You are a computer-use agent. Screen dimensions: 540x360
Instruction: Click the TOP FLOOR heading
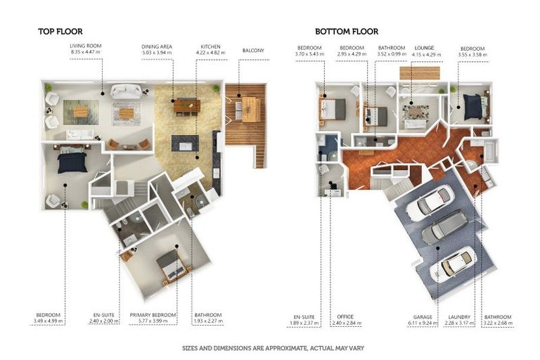click(x=60, y=32)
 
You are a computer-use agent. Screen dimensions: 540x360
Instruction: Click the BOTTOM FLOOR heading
click(x=347, y=32)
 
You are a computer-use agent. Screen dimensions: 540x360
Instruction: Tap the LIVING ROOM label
click(x=85, y=46)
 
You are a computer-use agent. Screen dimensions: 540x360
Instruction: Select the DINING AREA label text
click(x=157, y=46)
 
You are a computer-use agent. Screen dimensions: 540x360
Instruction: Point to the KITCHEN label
click(x=210, y=46)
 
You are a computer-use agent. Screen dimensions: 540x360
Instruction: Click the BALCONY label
click(x=253, y=51)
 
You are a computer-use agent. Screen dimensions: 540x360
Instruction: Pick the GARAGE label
click(x=423, y=317)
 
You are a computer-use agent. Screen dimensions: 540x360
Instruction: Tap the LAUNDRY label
click(x=459, y=317)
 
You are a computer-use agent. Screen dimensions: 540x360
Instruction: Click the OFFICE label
click(x=345, y=316)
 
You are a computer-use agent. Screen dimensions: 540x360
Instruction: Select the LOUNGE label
click(x=424, y=48)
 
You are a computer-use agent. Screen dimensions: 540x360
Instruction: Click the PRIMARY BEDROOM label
click(x=153, y=315)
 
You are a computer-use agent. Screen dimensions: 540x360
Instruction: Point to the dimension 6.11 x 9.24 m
click(x=423, y=323)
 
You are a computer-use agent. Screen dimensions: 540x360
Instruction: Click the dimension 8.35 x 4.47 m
click(x=85, y=52)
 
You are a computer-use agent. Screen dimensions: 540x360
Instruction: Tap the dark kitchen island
click(x=186, y=143)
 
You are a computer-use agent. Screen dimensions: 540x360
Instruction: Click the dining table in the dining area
click(x=187, y=105)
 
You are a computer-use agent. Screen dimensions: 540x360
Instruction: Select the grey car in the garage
click(x=445, y=226)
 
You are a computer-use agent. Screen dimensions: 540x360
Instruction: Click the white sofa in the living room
click(x=126, y=91)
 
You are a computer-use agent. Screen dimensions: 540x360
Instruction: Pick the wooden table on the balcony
click(x=251, y=109)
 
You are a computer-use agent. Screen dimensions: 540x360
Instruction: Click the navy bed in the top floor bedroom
click(x=72, y=162)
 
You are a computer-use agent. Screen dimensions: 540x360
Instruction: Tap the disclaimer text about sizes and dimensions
click(x=273, y=348)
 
